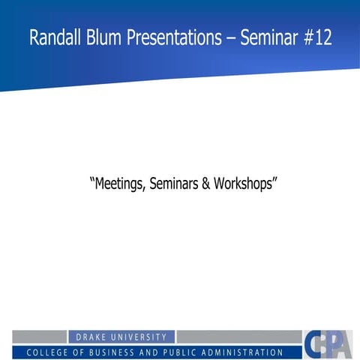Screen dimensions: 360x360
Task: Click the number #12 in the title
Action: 316,38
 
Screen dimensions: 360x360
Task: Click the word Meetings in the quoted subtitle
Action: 119,183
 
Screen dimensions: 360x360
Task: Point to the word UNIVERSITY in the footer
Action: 142,337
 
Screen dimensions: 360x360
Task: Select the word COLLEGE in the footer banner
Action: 49,352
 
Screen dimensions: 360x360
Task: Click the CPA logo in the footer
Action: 328,344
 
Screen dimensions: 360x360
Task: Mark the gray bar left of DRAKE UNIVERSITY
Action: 40,337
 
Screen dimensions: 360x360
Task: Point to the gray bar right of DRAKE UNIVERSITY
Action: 238,337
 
